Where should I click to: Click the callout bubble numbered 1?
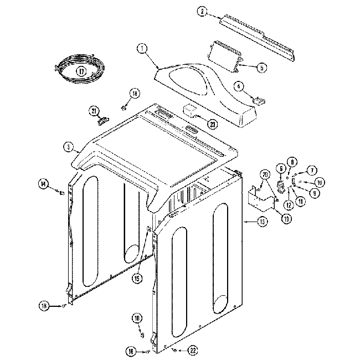click(x=143, y=49)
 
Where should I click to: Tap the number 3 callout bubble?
click(x=68, y=147)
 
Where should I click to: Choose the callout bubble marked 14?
click(x=43, y=184)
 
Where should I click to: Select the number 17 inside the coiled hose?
click(x=81, y=71)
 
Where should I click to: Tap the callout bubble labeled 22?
click(x=193, y=350)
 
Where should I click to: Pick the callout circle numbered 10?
click(x=320, y=182)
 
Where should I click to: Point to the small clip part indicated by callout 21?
click(x=102, y=117)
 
